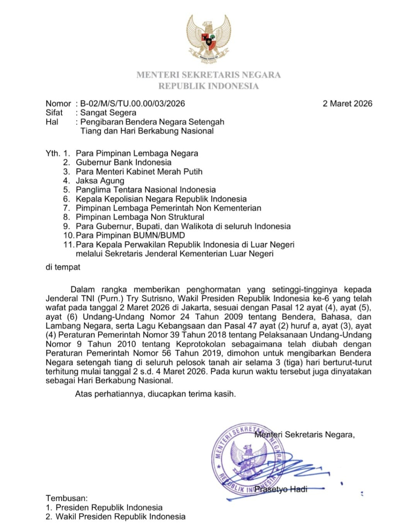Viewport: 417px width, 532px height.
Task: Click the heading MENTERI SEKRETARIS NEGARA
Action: tap(208, 75)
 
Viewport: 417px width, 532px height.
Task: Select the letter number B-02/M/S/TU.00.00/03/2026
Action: tap(132, 103)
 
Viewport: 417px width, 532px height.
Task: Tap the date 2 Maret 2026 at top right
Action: tap(347, 103)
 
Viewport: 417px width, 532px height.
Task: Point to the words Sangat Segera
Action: tap(108, 113)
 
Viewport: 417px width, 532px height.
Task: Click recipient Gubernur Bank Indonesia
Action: tap(123, 162)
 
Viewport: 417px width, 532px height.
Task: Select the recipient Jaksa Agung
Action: tap(100, 181)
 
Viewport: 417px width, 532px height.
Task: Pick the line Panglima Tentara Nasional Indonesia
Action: tap(145, 190)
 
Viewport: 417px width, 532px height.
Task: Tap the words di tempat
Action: tap(63, 267)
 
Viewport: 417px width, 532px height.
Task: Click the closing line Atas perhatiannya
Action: tap(155, 394)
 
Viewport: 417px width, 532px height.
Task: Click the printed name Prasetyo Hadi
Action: tap(281, 489)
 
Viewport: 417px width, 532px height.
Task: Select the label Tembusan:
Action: tap(66, 498)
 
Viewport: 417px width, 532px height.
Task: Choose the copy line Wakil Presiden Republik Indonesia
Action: tap(121, 517)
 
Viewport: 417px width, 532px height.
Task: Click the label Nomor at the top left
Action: tap(58, 103)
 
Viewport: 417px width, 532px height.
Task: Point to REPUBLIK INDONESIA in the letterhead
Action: tap(208, 86)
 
